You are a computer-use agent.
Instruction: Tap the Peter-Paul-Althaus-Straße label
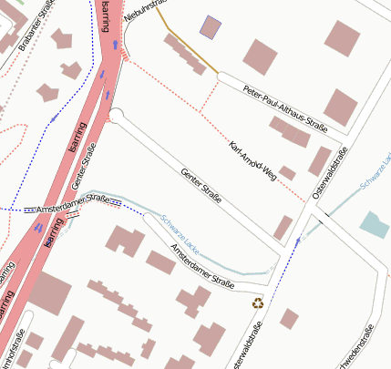(285, 107)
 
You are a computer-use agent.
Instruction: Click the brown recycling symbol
(259, 302)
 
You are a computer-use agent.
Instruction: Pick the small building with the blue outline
(211, 28)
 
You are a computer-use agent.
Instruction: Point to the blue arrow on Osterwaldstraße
(297, 242)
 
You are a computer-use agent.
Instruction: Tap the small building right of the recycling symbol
(289, 318)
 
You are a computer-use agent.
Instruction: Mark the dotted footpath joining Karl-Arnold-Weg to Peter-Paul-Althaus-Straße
(210, 96)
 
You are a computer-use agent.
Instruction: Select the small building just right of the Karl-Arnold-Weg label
(287, 172)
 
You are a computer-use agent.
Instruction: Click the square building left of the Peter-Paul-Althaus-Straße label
(259, 56)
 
